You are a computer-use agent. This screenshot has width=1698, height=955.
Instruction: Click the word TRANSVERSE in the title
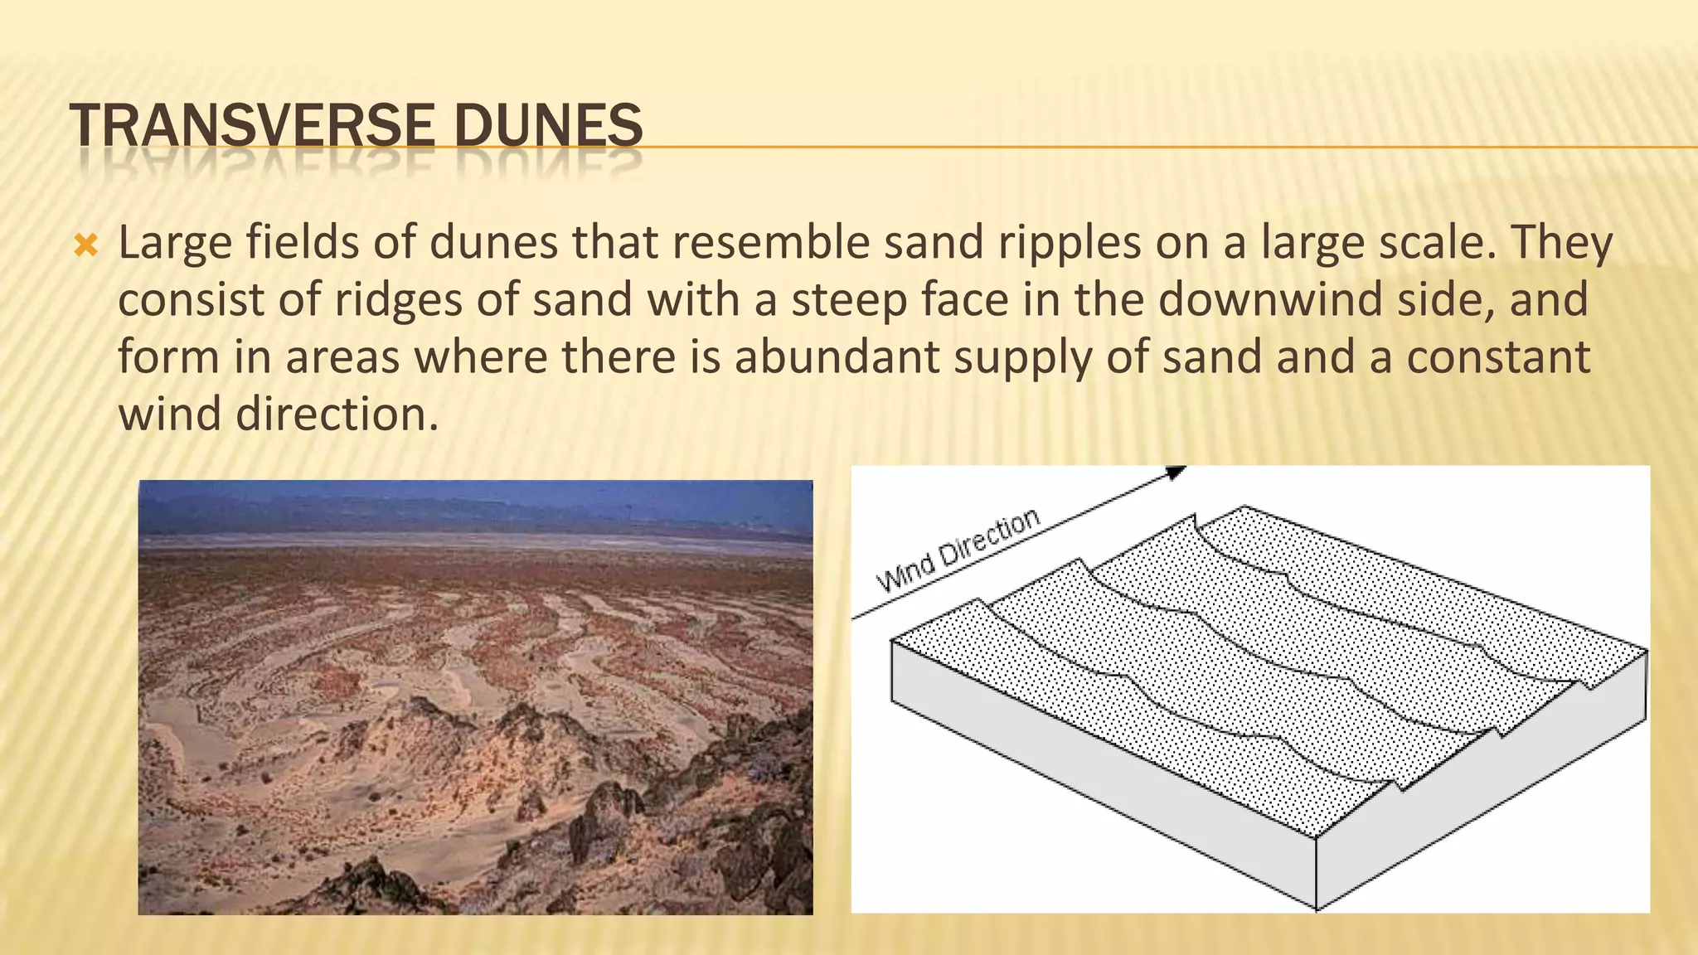coord(252,126)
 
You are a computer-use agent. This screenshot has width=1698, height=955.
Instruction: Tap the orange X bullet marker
coord(86,245)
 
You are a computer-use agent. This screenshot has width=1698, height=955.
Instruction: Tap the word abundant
coord(837,357)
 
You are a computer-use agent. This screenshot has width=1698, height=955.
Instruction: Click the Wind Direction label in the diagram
coord(958,550)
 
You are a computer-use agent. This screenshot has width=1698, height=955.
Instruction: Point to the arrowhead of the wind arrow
coord(1176,473)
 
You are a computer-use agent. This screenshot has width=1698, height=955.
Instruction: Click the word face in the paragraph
coord(974,300)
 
